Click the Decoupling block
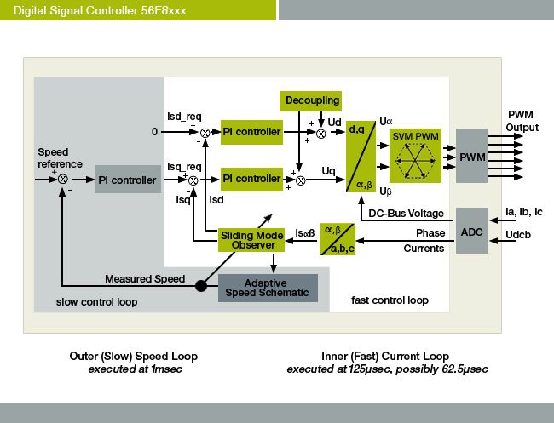point(310,100)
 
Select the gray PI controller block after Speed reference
point(128,180)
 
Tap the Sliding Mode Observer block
point(251,240)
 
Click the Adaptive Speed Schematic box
point(268,289)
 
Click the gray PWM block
point(471,157)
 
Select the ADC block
point(471,230)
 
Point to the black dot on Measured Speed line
point(201,285)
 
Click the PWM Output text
point(522,121)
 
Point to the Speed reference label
point(61,158)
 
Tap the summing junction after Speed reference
point(62,180)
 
